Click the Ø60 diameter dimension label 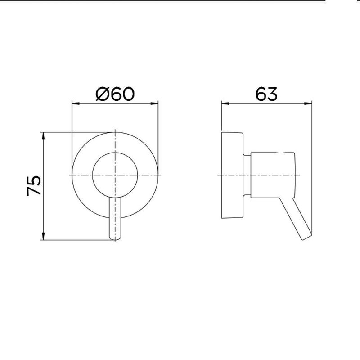(x=115, y=94)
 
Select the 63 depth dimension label (x=266, y=94)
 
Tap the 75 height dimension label (x=34, y=185)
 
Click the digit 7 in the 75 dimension (x=34, y=191)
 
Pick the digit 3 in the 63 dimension (x=272, y=94)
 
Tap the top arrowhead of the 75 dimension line (x=43, y=135)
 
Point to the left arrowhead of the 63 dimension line (x=223, y=104)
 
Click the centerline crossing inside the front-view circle (x=116, y=174)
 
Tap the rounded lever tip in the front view (x=116, y=237)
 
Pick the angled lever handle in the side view (x=300, y=220)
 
